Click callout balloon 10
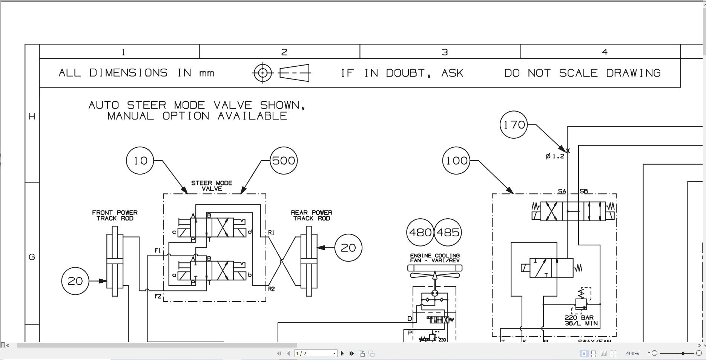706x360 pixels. point(140,161)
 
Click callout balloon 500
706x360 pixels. point(284,161)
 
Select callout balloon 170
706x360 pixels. point(514,124)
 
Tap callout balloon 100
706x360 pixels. point(456,161)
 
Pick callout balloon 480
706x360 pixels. point(420,232)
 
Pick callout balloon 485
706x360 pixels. point(448,232)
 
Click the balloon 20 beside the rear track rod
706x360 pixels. point(348,248)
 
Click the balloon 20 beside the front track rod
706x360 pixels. point(75,281)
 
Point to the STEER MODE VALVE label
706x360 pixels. point(212,186)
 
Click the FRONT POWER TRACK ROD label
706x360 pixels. point(115,215)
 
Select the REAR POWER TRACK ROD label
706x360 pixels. point(312,215)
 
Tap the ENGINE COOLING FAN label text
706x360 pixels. point(435,258)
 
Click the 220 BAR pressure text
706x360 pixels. point(579,318)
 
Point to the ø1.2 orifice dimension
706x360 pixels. point(555,156)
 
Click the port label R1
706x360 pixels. point(271,232)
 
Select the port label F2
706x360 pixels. point(158,296)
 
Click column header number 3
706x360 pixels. point(445,52)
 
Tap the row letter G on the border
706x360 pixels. point(32,257)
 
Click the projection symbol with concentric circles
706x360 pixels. point(263,73)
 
